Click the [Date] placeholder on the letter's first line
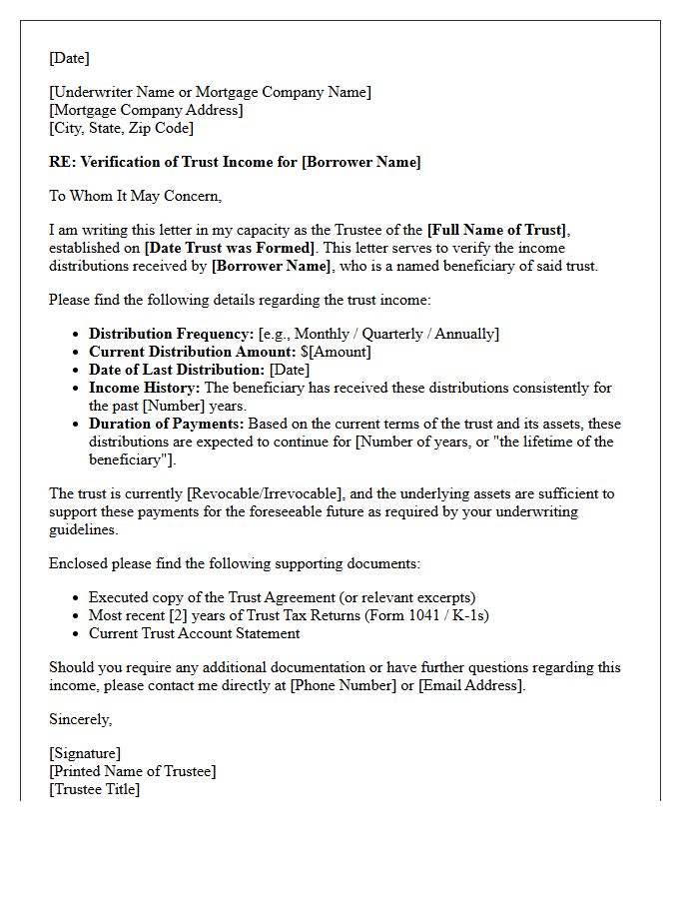(x=69, y=58)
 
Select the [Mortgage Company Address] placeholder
(x=146, y=110)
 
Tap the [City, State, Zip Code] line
(x=121, y=128)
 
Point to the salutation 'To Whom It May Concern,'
(x=135, y=196)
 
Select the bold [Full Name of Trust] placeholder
(x=496, y=230)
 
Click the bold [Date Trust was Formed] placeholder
(x=230, y=248)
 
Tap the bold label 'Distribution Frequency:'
(x=172, y=334)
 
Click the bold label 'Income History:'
(x=145, y=388)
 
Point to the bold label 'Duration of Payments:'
(x=167, y=424)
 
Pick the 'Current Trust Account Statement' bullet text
(x=194, y=633)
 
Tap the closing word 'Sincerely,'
(x=81, y=719)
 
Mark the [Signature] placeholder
(x=85, y=753)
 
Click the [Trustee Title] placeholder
(x=95, y=789)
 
